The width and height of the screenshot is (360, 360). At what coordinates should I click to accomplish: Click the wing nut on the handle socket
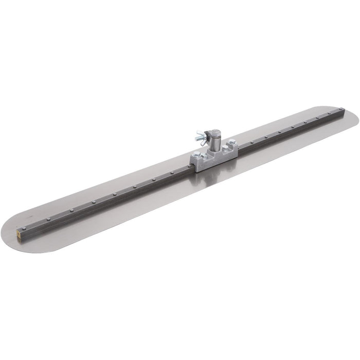click(201, 138)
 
